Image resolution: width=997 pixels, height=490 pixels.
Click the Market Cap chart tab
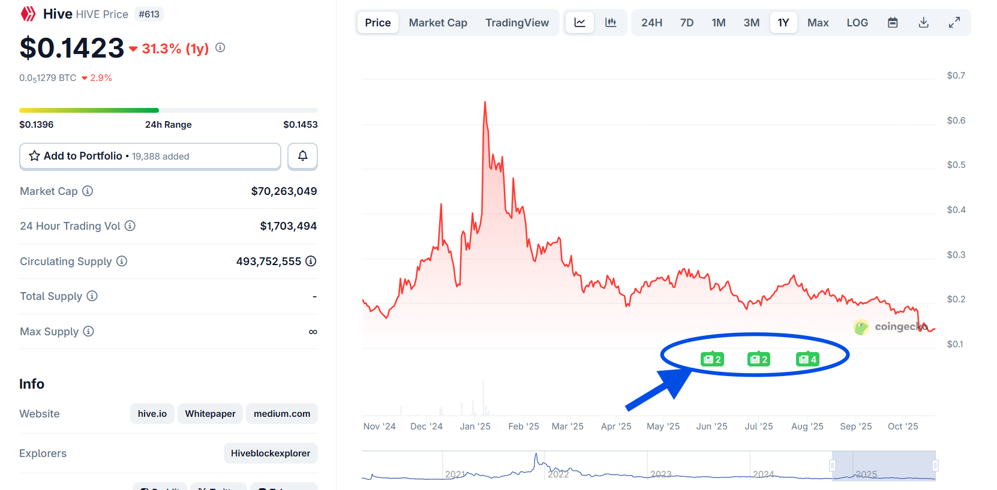438,23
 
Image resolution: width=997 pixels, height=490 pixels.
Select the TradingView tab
516,23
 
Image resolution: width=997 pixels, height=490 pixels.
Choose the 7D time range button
686,23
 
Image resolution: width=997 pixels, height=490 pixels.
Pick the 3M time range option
751,23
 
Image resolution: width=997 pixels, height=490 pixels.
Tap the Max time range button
818,23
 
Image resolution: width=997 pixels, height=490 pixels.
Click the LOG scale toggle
857,23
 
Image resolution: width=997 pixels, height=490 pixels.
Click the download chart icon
923,23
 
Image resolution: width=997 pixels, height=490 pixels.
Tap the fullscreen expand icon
954,23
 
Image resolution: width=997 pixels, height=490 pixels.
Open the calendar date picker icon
893,23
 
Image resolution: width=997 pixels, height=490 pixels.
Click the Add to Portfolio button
150,156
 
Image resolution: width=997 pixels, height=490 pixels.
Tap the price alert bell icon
302,156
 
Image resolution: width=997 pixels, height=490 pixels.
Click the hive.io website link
152,414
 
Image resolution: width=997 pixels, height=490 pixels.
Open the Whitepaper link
210,414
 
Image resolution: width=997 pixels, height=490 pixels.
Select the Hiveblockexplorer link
271,453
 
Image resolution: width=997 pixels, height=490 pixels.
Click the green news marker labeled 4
807,359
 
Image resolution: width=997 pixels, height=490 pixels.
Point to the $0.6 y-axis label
956,121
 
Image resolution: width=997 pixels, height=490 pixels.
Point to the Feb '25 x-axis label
523,426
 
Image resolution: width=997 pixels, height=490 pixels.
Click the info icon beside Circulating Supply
122,261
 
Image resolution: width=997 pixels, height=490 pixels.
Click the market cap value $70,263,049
284,191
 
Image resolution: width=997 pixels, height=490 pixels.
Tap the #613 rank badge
149,14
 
